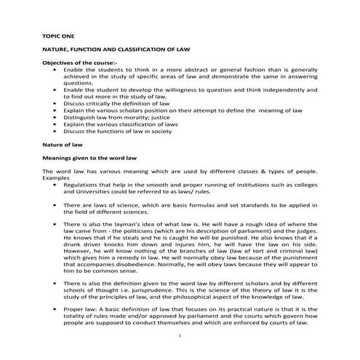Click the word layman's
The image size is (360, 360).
(132, 227)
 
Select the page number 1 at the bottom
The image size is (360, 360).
(179, 337)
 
